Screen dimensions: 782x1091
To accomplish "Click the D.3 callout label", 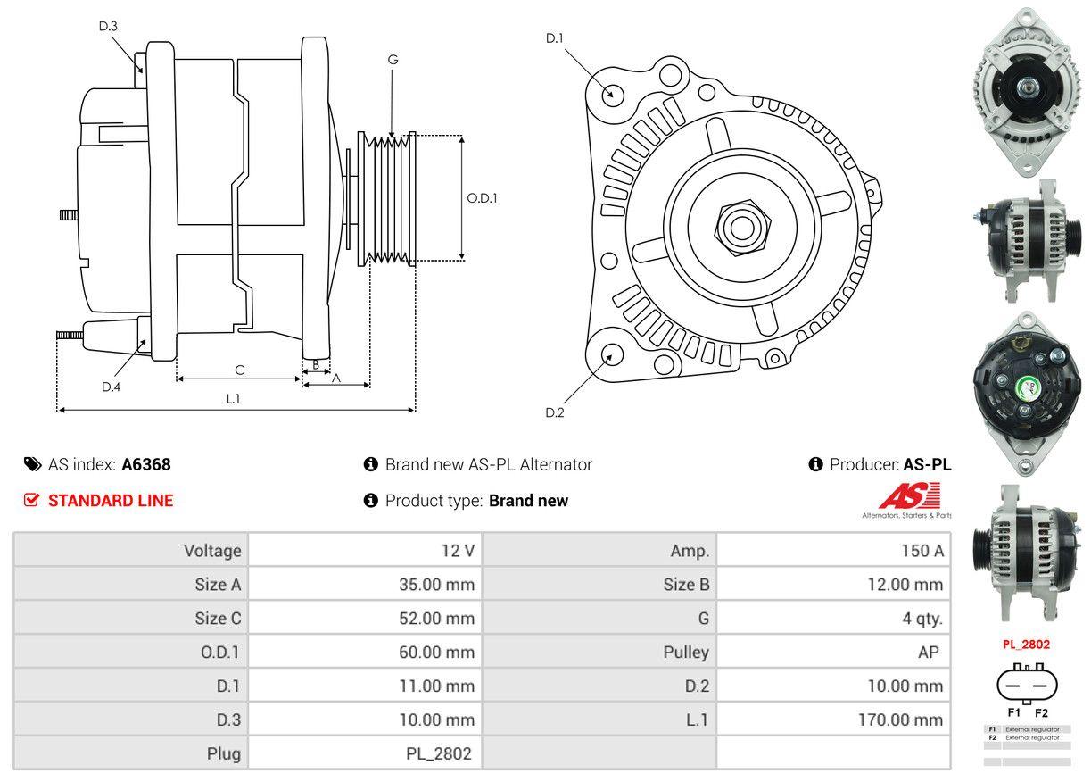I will [x=108, y=26].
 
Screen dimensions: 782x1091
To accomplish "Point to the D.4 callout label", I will [x=111, y=387].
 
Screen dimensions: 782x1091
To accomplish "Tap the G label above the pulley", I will [x=393, y=60].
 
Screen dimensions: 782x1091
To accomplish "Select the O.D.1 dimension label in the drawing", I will [x=482, y=198].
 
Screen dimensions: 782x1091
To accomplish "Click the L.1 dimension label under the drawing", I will [x=233, y=399].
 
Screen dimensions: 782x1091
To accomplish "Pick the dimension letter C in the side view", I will [x=239, y=370].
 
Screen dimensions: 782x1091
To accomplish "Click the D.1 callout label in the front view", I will [x=555, y=37].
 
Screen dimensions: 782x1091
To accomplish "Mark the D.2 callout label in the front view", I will [x=555, y=412].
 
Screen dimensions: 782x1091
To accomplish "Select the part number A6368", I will [x=146, y=464].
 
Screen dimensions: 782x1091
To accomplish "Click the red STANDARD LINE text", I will [x=111, y=501].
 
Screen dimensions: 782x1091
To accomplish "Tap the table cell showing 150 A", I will [x=922, y=551].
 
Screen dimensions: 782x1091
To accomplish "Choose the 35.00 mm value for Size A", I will [x=436, y=585].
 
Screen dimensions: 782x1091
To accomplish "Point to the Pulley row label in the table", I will [x=686, y=652].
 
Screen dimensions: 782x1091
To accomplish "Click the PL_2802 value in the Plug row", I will [x=438, y=753].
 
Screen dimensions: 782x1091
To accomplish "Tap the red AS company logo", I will [x=909, y=496].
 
